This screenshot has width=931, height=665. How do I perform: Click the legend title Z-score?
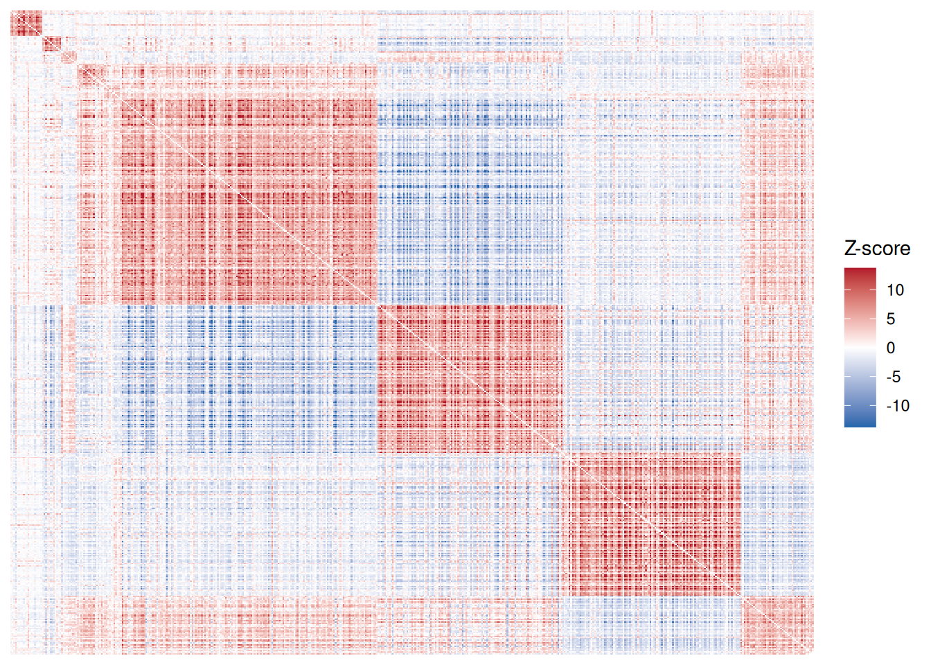[x=877, y=249]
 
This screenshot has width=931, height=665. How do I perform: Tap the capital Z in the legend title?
[x=851, y=249]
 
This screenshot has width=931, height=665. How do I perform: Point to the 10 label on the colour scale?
[x=895, y=290]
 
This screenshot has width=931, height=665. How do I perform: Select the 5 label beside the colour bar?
[x=891, y=319]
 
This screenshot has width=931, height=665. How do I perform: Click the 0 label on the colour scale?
[x=891, y=348]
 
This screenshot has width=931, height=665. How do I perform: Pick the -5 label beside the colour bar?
[x=894, y=377]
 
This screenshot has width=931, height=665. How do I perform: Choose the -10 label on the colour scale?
[x=898, y=406]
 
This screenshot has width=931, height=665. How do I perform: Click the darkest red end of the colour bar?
[x=860, y=272]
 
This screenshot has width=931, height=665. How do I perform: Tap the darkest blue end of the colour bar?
[x=860, y=423]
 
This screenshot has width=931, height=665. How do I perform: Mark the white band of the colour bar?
[x=860, y=348]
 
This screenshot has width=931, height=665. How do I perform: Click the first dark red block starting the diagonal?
[x=26, y=24]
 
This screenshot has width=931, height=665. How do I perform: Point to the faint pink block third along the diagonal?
[x=69, y=57]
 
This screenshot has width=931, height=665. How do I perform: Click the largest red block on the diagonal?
[x=249, y=201]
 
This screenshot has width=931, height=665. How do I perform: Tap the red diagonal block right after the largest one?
[x=469, y=378]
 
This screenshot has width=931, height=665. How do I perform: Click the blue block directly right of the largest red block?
[x=469, y=201]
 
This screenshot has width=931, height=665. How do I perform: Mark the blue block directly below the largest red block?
[x=249, y=378]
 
